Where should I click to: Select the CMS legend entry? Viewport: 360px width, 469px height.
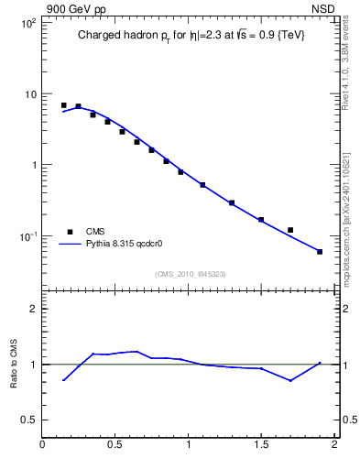tap(96, 232)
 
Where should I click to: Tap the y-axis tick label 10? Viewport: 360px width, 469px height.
tap(28, 94)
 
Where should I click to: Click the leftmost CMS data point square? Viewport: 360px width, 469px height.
tap(63, 105)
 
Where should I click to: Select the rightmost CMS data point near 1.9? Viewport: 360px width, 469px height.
tap(320, 251)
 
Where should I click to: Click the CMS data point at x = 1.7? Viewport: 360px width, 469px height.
tap(290, 230)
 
